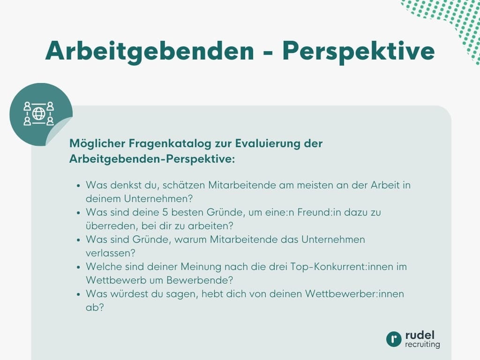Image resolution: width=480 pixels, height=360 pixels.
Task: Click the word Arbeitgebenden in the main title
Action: (149, 51)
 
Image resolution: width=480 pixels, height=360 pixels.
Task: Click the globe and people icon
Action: (39, 113)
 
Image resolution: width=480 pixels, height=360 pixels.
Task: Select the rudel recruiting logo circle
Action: (394, 339)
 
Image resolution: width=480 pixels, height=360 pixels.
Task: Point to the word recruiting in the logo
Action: (422, 345)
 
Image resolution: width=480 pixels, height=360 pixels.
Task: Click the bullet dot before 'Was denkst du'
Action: (78, 186)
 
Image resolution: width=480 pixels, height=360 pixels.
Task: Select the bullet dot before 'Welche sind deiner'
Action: (78, 267)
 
